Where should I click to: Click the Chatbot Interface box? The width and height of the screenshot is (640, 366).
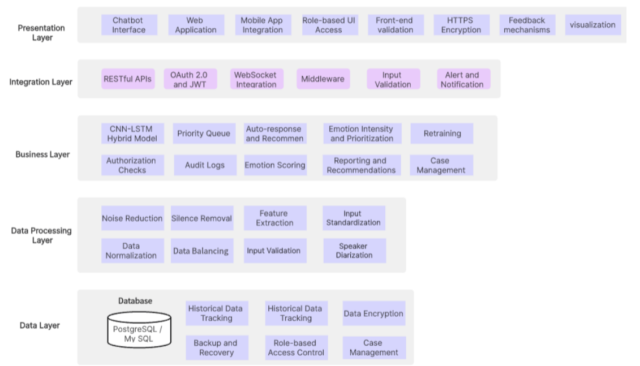coord(128,25)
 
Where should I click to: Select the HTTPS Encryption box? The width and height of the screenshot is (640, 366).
coord(461,25)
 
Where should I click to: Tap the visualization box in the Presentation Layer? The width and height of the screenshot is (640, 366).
coord(592,25)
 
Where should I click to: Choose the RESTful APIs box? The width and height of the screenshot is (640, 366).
coord(127,79)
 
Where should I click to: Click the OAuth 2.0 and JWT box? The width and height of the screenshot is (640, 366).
coord(190,79)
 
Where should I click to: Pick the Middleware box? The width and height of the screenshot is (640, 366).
coord(323,79)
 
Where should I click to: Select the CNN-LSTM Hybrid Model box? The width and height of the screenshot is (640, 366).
coord(132,134)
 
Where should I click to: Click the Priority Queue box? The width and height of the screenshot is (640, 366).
coord(204,134)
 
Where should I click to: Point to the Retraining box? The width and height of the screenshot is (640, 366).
coord(442,134)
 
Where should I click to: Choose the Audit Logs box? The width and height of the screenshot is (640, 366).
coord(204,165)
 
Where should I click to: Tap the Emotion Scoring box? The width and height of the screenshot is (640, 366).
coord(275,165)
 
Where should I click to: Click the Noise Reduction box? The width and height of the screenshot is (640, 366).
coord(132,218)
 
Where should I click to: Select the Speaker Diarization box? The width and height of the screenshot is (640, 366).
coord(354,251)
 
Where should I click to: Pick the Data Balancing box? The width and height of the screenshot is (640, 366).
coord(201,251)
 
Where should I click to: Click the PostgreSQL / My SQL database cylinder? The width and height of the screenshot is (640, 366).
coord(139,330)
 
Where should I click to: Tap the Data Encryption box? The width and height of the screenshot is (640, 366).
coord(373,313)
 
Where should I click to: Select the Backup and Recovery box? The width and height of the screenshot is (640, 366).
coord(216,348)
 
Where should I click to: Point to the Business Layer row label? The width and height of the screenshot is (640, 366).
coord(42,154)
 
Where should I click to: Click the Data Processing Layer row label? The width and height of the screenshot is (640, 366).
coord(41,235)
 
